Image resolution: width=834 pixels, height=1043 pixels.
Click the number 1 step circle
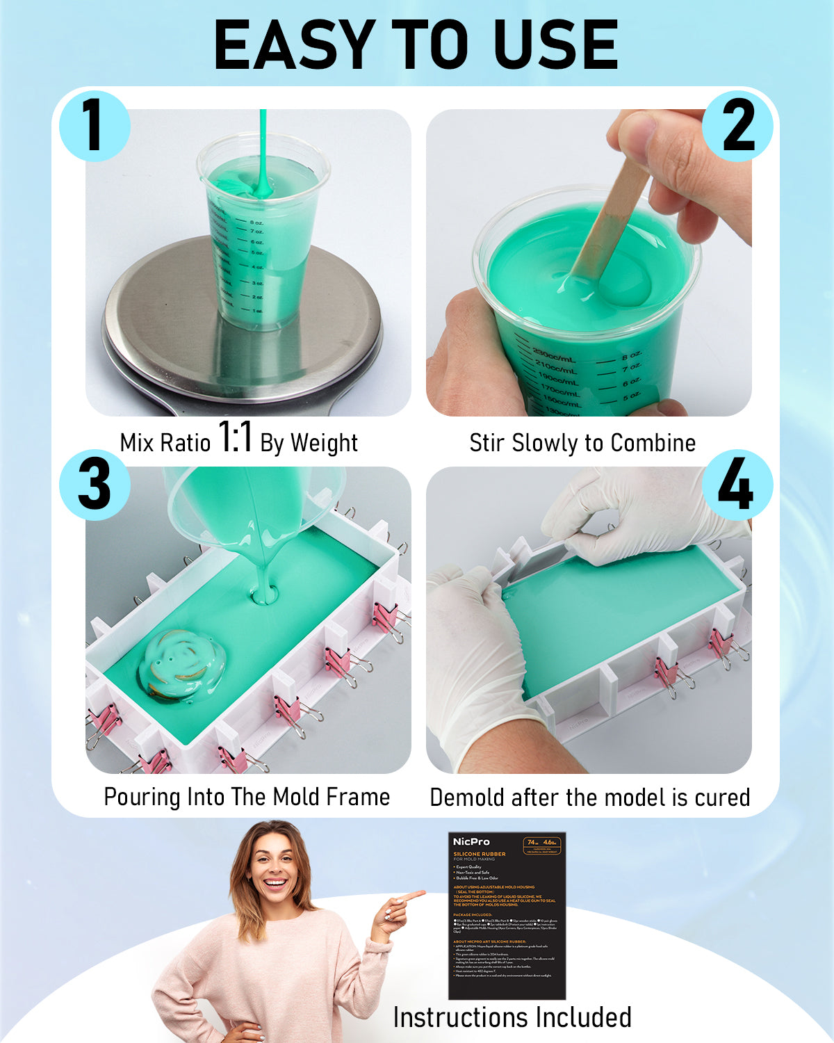(x=95, y=126)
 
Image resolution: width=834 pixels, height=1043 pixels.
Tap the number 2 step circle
(x=737, y=126)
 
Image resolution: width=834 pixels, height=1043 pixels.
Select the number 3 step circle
(x=95, y=484)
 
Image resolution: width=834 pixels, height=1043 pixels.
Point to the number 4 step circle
(x=737, y=484)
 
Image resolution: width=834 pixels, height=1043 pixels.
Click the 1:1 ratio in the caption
(x=235, y=438)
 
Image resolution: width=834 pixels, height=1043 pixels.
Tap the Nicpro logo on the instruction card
(x=471, y=842)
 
